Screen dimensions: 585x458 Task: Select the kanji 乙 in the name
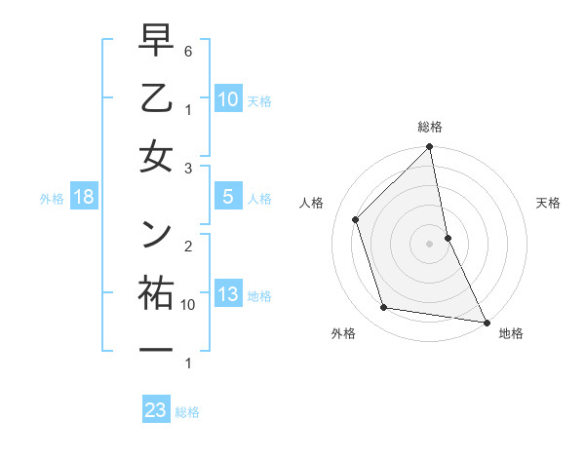coord(156,99)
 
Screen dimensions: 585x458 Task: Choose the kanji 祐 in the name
coord(156,293)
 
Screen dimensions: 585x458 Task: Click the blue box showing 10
coord(227,99)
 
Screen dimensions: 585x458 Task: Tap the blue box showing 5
coord(227,197)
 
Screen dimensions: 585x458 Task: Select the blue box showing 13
coord(227,294)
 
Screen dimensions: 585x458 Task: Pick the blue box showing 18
coord(83,197)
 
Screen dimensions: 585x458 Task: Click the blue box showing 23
coord(156,410)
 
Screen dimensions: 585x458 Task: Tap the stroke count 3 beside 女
coord(189,169)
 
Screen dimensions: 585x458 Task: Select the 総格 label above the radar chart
coord(430,127)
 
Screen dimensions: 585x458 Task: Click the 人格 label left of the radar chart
coord(312,203)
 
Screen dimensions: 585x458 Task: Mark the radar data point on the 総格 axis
coord(430,148)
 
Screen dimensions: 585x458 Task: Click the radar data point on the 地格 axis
coord(486,322)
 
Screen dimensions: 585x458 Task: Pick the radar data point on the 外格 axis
coord(384,308)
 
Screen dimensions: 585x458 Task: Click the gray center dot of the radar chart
coord(430,244)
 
